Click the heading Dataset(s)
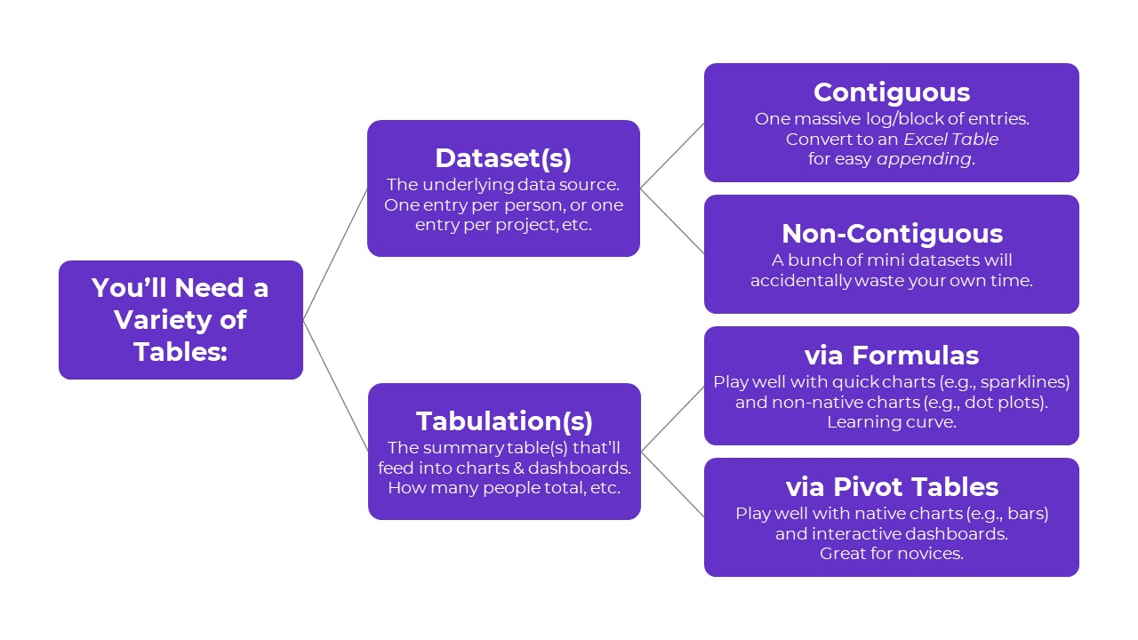tap(503, 158)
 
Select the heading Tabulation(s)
tap(504, 421)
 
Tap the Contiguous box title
tap(891, 92)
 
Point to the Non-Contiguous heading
tap(892, 234)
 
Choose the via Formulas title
tap(891, 356)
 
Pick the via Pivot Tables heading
tap(892, 487)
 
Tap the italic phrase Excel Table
tap(950, 140)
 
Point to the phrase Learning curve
tap(892, 422)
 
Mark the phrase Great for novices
tap(892, 554)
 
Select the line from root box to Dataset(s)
tap(335, 254)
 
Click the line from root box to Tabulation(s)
tap(335, 385)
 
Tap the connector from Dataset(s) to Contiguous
tap(672, 156)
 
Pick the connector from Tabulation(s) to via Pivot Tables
tap(672, 484)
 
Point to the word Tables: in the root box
tap(180, 351)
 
